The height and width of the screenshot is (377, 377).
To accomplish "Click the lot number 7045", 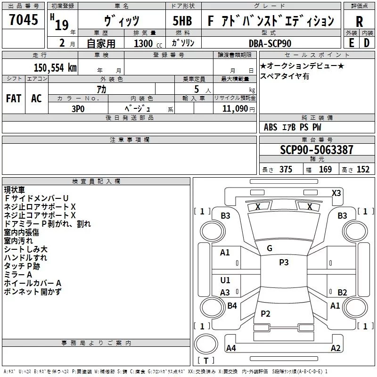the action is coord(24,21).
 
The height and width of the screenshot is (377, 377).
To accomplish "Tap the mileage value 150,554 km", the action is coord(55,67).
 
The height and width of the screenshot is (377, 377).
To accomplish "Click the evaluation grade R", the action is coord(359,22).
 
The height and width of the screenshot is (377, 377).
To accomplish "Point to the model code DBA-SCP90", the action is coord(270,43).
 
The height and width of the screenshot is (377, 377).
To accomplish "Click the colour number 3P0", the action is coord(78,108).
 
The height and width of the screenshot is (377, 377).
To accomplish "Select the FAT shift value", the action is coord(14,98).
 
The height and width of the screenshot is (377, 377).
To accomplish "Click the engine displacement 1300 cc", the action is coord(146,43).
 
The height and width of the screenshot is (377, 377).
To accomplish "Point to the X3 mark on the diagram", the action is coord(336,193).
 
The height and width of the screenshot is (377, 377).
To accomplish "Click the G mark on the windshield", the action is coord(270,248).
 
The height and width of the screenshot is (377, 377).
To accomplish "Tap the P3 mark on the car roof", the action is coord(284,262).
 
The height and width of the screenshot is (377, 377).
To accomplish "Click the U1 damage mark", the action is coord(225,280).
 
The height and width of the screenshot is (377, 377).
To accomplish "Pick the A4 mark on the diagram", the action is coord(231,349).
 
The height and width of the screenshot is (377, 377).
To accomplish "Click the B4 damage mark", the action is coord(232,306).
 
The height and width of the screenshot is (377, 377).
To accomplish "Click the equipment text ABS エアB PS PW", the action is coord(293,127).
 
